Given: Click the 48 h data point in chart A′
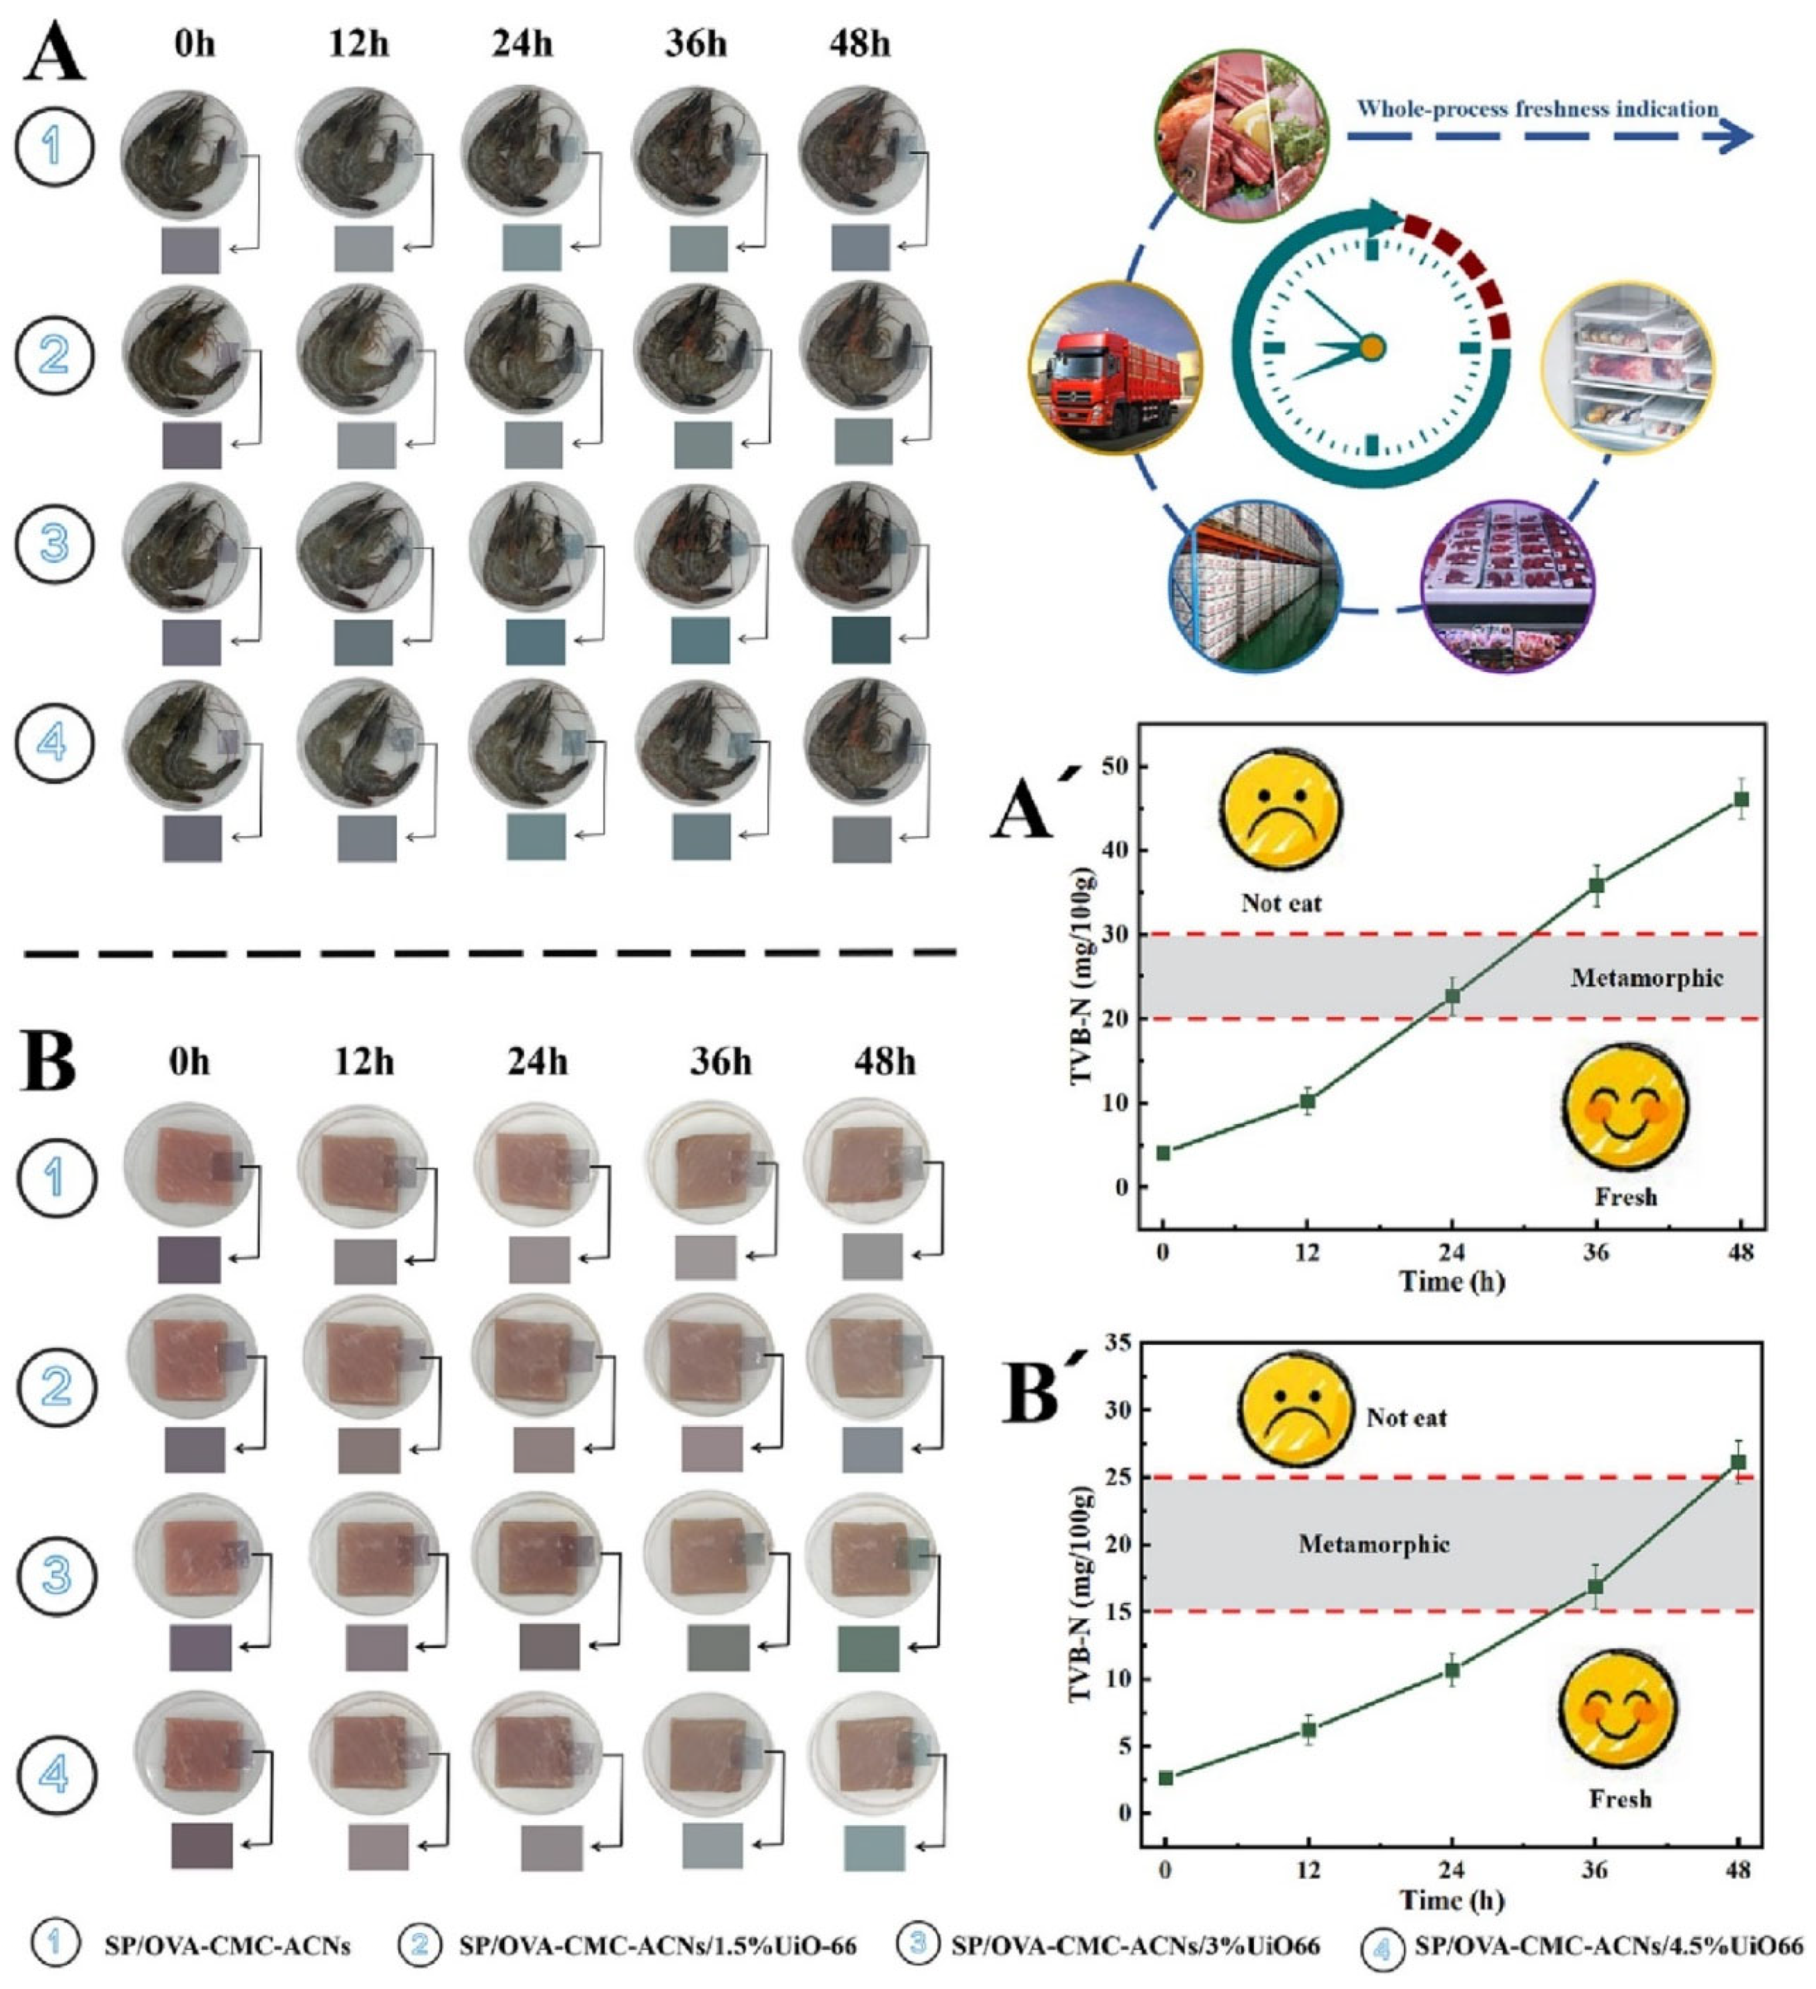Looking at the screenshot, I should pyautogui.click(x=1741, y=799).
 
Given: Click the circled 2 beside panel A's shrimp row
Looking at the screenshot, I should pyautogui.click(x=54, y=354).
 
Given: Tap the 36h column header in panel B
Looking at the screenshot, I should pyautogui.click(x=720, y=1061).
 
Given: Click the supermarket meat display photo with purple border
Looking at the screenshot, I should pyautogui.click(x=1506, y=586).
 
